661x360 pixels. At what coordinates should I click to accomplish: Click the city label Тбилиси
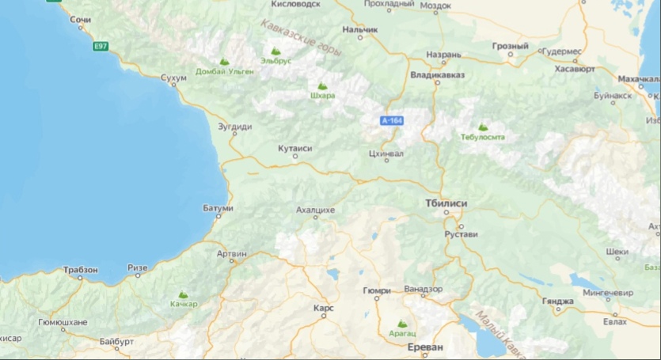446,203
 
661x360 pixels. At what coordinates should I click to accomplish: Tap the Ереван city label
421,348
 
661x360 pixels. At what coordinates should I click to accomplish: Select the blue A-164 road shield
392,121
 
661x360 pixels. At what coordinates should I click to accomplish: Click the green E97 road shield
101,47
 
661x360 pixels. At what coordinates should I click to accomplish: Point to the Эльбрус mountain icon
275,51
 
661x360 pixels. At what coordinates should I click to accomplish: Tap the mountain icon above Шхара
322,85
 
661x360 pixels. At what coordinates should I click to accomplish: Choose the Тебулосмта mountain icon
482,127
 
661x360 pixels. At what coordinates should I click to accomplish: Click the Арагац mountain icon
401,323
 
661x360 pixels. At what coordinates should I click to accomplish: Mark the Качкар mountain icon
184,294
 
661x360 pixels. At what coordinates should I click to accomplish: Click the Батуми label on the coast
218,208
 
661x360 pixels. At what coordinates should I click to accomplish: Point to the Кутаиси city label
295,148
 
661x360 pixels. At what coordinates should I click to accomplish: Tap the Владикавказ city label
437,75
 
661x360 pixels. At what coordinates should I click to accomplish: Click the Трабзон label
80,270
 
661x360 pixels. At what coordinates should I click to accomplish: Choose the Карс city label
323,307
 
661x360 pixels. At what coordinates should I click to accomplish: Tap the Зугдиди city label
236,126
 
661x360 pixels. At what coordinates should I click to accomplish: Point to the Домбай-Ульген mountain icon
225,60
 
